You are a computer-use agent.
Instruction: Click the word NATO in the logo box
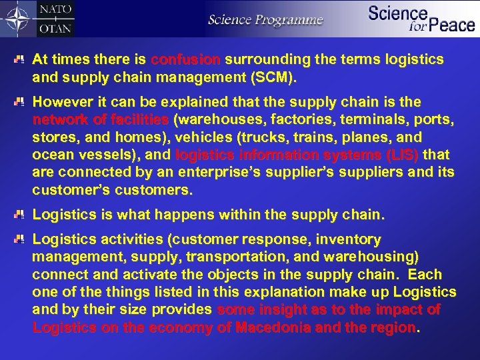pos(56,11)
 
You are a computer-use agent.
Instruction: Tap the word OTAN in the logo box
pos(56,28)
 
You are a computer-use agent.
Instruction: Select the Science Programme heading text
pos(265,19)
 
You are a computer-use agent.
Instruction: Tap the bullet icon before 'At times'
pos(22,59)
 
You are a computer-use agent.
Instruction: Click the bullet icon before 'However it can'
pos(22,103)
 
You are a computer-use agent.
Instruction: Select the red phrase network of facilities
pos(101,120)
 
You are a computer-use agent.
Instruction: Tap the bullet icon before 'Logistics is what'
pos(22,215)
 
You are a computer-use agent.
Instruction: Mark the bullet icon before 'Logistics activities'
pos(22,238)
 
